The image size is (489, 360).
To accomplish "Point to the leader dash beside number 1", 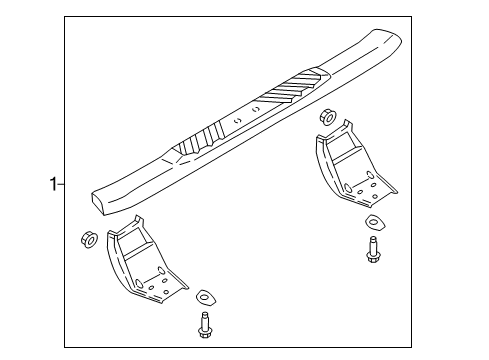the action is pos(60,184).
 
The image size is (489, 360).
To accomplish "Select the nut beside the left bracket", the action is pos(86,239).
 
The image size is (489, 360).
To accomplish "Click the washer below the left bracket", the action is pos(205,296).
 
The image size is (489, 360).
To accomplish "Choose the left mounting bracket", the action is pos(140,264).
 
